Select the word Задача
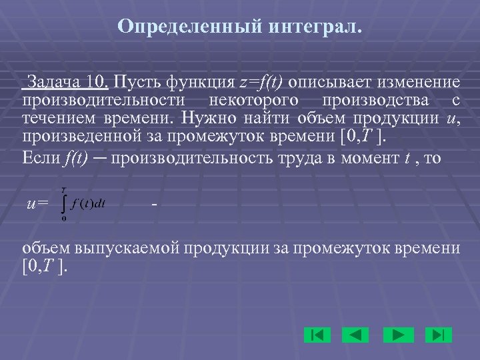(51, 83)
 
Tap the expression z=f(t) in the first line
(261, 83)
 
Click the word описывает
(321, 83)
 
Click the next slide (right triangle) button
(398, 334)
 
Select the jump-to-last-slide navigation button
(438, 334)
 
